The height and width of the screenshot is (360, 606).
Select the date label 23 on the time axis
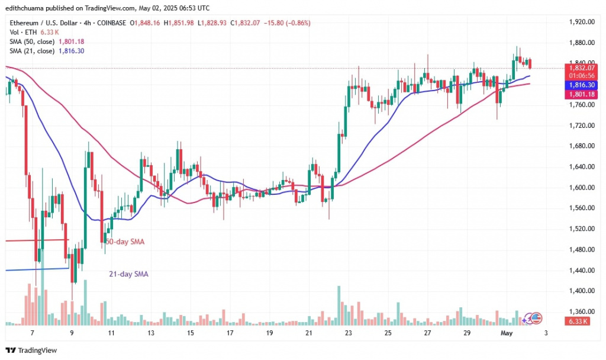tap(349, 333)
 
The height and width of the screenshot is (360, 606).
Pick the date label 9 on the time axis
tap(72, 333)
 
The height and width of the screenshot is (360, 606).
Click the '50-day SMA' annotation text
tap(125, 242)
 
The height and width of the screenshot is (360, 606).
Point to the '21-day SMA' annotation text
tap(128, 274)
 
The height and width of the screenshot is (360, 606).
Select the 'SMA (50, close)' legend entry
tap(31, 41)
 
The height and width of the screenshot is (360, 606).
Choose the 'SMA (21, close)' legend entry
tap(31, 51)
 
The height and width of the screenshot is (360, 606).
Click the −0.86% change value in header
tap(297, 22)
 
